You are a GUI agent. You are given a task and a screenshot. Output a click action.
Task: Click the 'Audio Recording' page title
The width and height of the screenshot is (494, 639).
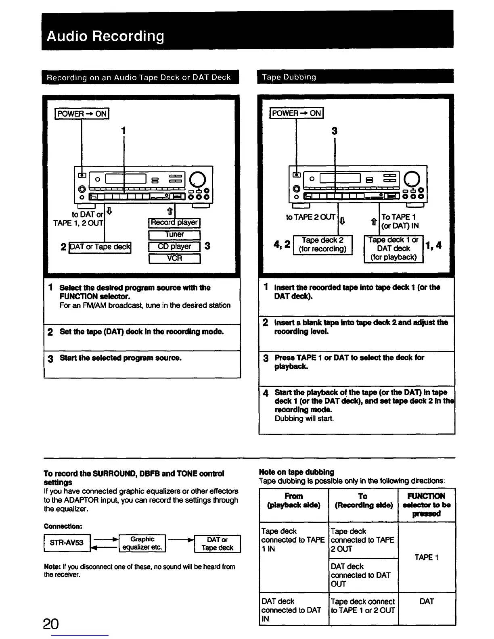tap(105, 36)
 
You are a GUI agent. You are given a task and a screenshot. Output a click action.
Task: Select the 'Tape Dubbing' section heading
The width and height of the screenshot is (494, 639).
tap(289, 77)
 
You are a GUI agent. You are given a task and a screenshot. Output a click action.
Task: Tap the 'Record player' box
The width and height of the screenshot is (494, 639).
tap(174, 223)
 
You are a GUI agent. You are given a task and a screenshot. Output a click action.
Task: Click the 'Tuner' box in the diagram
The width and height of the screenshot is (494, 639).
tap(174, 234)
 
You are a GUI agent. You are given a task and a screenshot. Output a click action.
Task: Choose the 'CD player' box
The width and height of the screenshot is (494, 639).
tap(174, 246)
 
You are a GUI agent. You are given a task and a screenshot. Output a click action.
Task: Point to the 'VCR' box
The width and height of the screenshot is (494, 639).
tap(174, 258)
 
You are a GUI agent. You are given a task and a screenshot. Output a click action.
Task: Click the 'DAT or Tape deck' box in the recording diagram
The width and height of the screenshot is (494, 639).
tap(100, 246)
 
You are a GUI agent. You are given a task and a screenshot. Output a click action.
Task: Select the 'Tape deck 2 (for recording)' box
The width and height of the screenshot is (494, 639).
tap(322, 244)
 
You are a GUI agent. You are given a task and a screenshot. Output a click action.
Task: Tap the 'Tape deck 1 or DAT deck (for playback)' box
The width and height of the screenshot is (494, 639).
tap(394, 248)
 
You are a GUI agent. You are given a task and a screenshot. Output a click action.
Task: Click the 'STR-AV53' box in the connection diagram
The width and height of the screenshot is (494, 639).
tap(67, 543)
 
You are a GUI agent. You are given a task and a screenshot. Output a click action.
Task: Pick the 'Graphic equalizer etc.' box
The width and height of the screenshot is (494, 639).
tap(142, 543)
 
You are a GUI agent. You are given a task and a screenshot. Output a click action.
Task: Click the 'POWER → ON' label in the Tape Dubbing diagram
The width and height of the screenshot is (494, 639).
tap(297, 113)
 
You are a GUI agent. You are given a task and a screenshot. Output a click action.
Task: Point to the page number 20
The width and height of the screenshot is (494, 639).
tap(51, 624)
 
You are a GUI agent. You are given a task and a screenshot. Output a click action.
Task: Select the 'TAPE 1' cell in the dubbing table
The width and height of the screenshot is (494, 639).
tap(426, 557)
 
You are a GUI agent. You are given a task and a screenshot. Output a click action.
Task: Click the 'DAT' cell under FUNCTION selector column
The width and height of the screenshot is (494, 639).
tap(426, 601)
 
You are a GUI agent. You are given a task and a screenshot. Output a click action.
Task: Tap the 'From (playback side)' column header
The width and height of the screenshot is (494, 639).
tap(293, 501)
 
